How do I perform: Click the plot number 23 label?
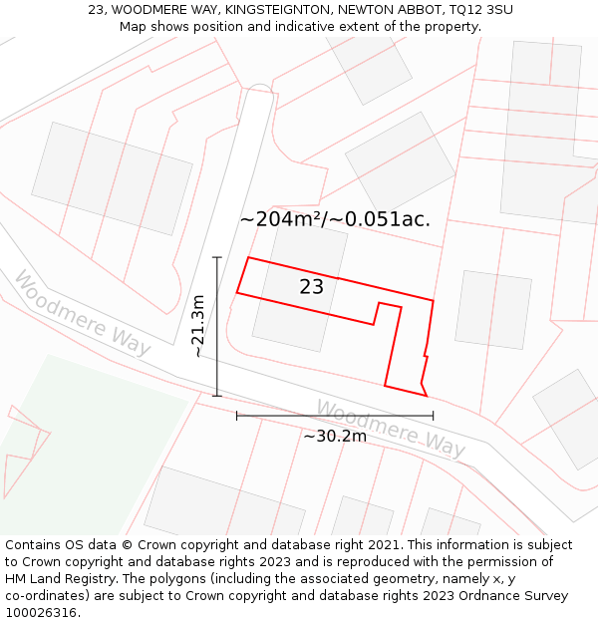(x=311, y=287)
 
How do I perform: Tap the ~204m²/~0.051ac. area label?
(x=335, y=219)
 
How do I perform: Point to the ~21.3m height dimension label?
(x=198, y=326)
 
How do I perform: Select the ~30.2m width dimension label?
(x=335, y=436)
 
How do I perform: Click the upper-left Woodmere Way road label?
(x=82, y=313)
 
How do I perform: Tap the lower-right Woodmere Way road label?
(x=391, y=429)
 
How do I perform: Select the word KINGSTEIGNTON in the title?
(x=281, y=10)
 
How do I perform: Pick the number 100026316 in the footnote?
(x=43, y=613)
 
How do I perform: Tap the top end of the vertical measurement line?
(x=216, y=257)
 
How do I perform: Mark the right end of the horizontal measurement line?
(x=433, y=416)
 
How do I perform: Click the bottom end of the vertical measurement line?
(x=216, y=396)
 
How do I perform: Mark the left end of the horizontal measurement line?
(x=237, y=416)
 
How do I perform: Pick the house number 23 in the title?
(x=96, y=10)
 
